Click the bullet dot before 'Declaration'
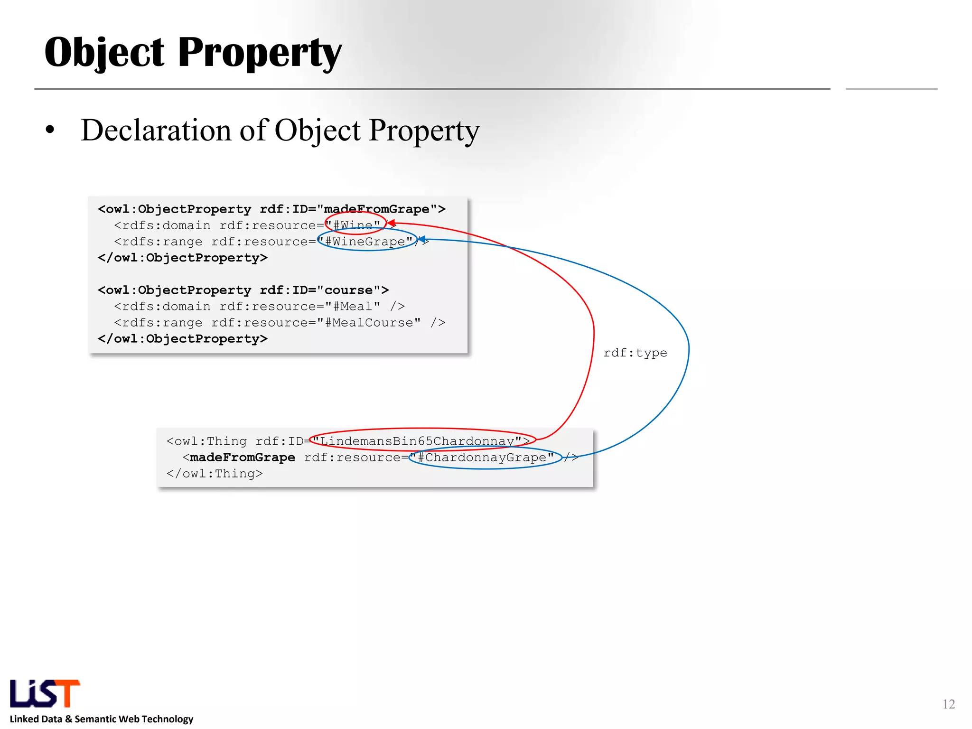coord(50,130)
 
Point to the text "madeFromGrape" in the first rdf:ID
coord(376,209)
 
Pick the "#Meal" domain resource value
coord(353,307)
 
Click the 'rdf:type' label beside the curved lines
coord(635,353)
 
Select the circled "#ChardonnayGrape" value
coord(485,458)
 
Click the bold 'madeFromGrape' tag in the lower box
coord(242,458)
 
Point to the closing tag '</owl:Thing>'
coord(215,474)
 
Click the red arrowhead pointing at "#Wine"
coord(391,223)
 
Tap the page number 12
coord(948,704)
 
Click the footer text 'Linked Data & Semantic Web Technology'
coord(102,719)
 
